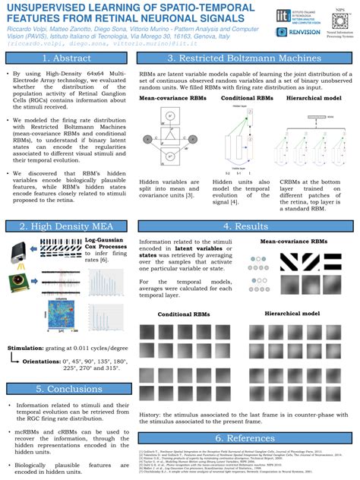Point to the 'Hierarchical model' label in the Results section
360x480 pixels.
pos(295,313)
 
